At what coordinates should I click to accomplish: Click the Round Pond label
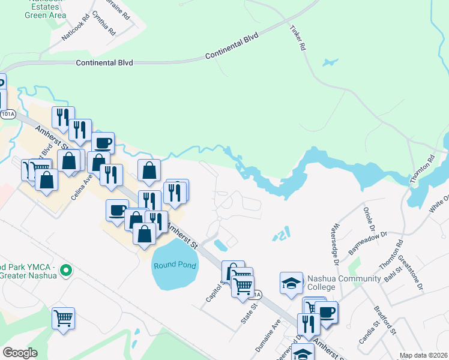[x=175, y=266]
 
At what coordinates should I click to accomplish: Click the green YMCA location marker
[x=67, y=271]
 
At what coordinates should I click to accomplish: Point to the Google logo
[x=20, y=353]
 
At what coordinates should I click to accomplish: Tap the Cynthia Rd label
[x=104, y=23]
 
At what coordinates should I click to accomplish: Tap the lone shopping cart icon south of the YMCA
[x=63, y=317]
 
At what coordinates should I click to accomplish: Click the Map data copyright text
[x=424, y=355]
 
